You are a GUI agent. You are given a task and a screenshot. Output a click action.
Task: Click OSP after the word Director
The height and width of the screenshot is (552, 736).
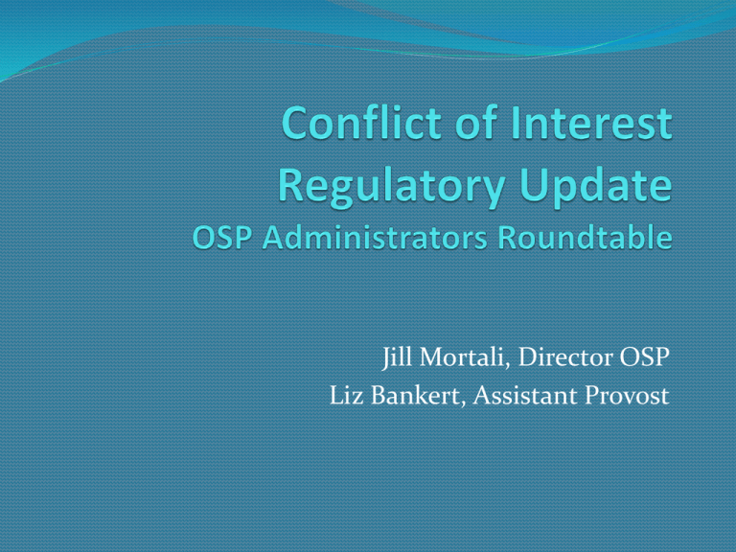(641, 361)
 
